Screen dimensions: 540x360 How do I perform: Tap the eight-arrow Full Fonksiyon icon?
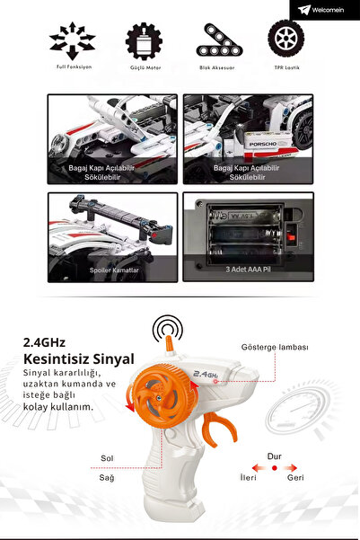(x=71, y=41)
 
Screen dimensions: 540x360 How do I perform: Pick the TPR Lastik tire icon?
(x=285, y=40)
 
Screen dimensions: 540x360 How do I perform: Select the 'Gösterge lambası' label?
(x=275, y=347)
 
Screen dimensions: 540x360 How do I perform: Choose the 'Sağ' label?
(x=107, y=479)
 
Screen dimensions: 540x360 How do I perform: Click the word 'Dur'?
(x=275, y=456)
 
